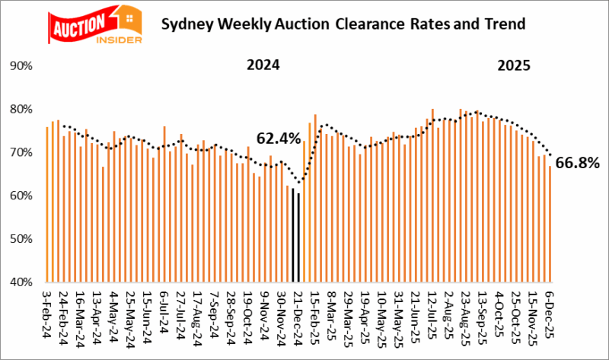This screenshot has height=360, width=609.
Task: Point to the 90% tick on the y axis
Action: point(20,66)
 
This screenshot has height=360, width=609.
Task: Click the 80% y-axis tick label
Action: point(20,110)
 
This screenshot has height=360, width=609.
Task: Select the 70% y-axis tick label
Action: point(20,152)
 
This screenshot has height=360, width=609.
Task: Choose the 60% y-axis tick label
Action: point(20,196)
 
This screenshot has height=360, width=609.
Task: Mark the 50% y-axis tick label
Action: point(20,239)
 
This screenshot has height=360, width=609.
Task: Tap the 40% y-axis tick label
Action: point(20,282)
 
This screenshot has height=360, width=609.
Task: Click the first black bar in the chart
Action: point(293,235)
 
